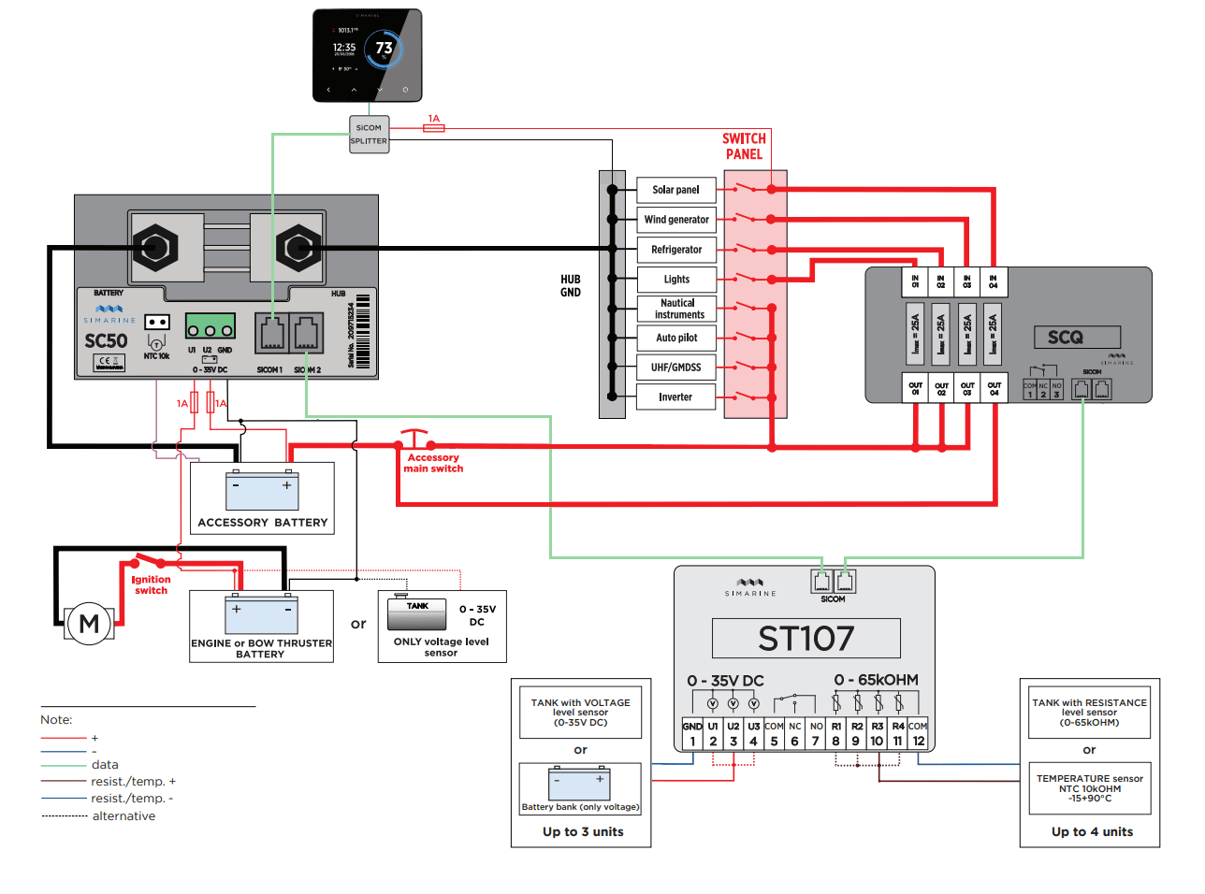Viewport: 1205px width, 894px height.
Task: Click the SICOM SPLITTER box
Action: coord(369,135)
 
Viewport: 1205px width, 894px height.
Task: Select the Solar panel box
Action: coord(676,190)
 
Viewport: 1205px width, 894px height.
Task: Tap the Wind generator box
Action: coord(676,220)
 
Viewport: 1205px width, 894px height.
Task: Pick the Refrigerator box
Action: coord(676,250)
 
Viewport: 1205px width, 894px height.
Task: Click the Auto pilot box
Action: coord(676,338)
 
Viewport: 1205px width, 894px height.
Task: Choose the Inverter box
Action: coord(676,397)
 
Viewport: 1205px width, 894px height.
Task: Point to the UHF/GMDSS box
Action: coord(676,368)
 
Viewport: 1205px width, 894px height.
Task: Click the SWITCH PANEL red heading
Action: coord(744,147)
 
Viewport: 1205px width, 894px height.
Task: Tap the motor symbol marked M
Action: coord(89,624)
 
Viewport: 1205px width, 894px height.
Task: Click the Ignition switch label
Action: coord(151,585)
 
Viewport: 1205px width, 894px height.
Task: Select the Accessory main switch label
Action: coord(433,463)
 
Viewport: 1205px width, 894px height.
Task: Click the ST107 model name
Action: coord(806,639)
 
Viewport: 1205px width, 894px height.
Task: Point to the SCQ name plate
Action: coord(1065,338)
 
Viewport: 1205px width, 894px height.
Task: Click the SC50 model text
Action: coord(106,341)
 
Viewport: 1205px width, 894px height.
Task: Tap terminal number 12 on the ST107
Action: coord(918,741)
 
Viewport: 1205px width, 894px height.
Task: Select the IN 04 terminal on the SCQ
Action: coord(993,281)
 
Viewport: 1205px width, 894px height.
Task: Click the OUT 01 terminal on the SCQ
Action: coord(915,388)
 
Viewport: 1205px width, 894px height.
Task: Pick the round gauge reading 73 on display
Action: coord(384,49)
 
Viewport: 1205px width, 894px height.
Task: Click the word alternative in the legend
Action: coord(123,816)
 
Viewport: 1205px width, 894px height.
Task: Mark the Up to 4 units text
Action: coord(1092,831)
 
